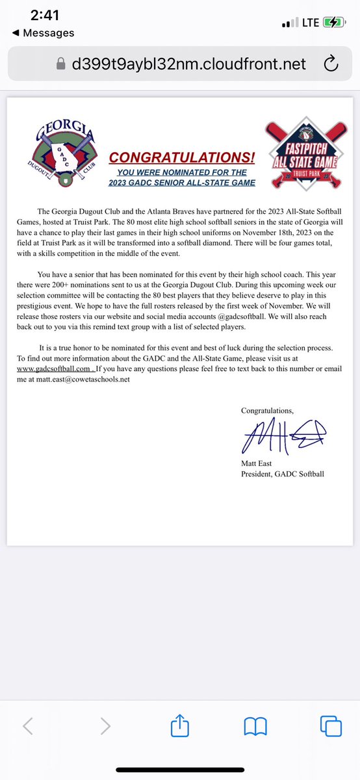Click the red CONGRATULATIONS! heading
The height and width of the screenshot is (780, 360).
tap(182, 157)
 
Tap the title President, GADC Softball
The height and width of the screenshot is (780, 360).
tap(282, 474)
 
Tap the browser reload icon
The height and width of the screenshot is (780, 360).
tap(329, 62)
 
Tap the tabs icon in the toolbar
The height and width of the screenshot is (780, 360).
tap(330, 725)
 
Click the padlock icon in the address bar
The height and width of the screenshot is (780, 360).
tap(62, 62)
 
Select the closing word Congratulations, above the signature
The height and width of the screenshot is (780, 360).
tap(267, 411)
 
